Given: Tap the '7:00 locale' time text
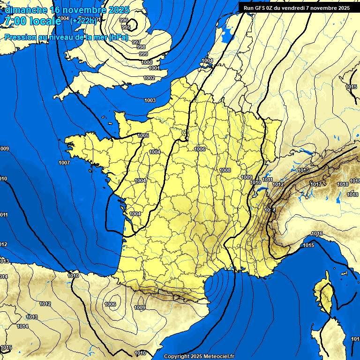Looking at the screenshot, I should click(33, 21).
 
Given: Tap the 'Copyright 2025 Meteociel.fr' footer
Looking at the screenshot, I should click(199, 356).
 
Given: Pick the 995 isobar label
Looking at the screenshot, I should click(126, 27).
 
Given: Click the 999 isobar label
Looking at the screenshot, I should click(143, 54).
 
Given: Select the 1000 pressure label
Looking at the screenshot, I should click(147, 62).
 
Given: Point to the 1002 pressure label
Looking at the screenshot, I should click(149, 78).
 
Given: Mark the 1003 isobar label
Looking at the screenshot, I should click(150, 100).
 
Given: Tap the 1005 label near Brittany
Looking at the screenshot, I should click(143, 135).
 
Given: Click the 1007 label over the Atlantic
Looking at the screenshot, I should click(64, 163).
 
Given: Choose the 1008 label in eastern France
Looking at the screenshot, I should click(225, 170).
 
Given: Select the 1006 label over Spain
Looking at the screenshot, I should click(111, 304).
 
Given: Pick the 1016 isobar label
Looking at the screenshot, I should click(317, 233).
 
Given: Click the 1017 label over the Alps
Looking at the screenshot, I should click(316, 184).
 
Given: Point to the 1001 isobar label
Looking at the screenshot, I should click(154, 68).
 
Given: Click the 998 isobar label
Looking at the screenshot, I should click(141, 47).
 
